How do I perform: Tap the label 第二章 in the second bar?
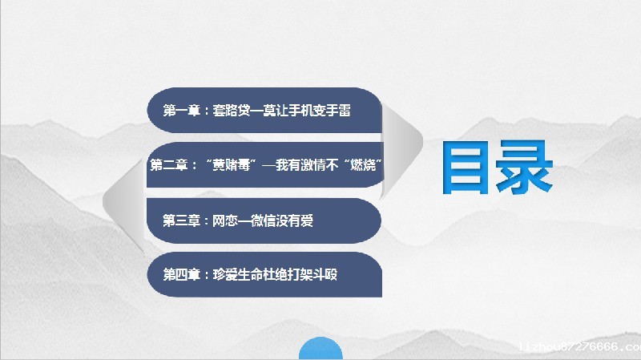pyautogui.click(x=168, y=165)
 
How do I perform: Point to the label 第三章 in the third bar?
pyautogui.click(x=182, y=220)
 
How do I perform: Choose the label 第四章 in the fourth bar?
pyautogui.click(x=182, y=274)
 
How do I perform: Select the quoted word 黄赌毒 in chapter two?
pyautogui.click(x=230, y=165)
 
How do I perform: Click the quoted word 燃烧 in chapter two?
pyautogui.click(x=365, y=165)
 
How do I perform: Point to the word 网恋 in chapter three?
pyautogui.click(x=226, y=220)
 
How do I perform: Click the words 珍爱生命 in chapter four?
pyautogui.click(x=240, y=274)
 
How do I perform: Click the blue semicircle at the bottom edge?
pyautogui.click(x=320, y=351)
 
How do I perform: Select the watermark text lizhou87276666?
pyautogui.click(x=579, y=347)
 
